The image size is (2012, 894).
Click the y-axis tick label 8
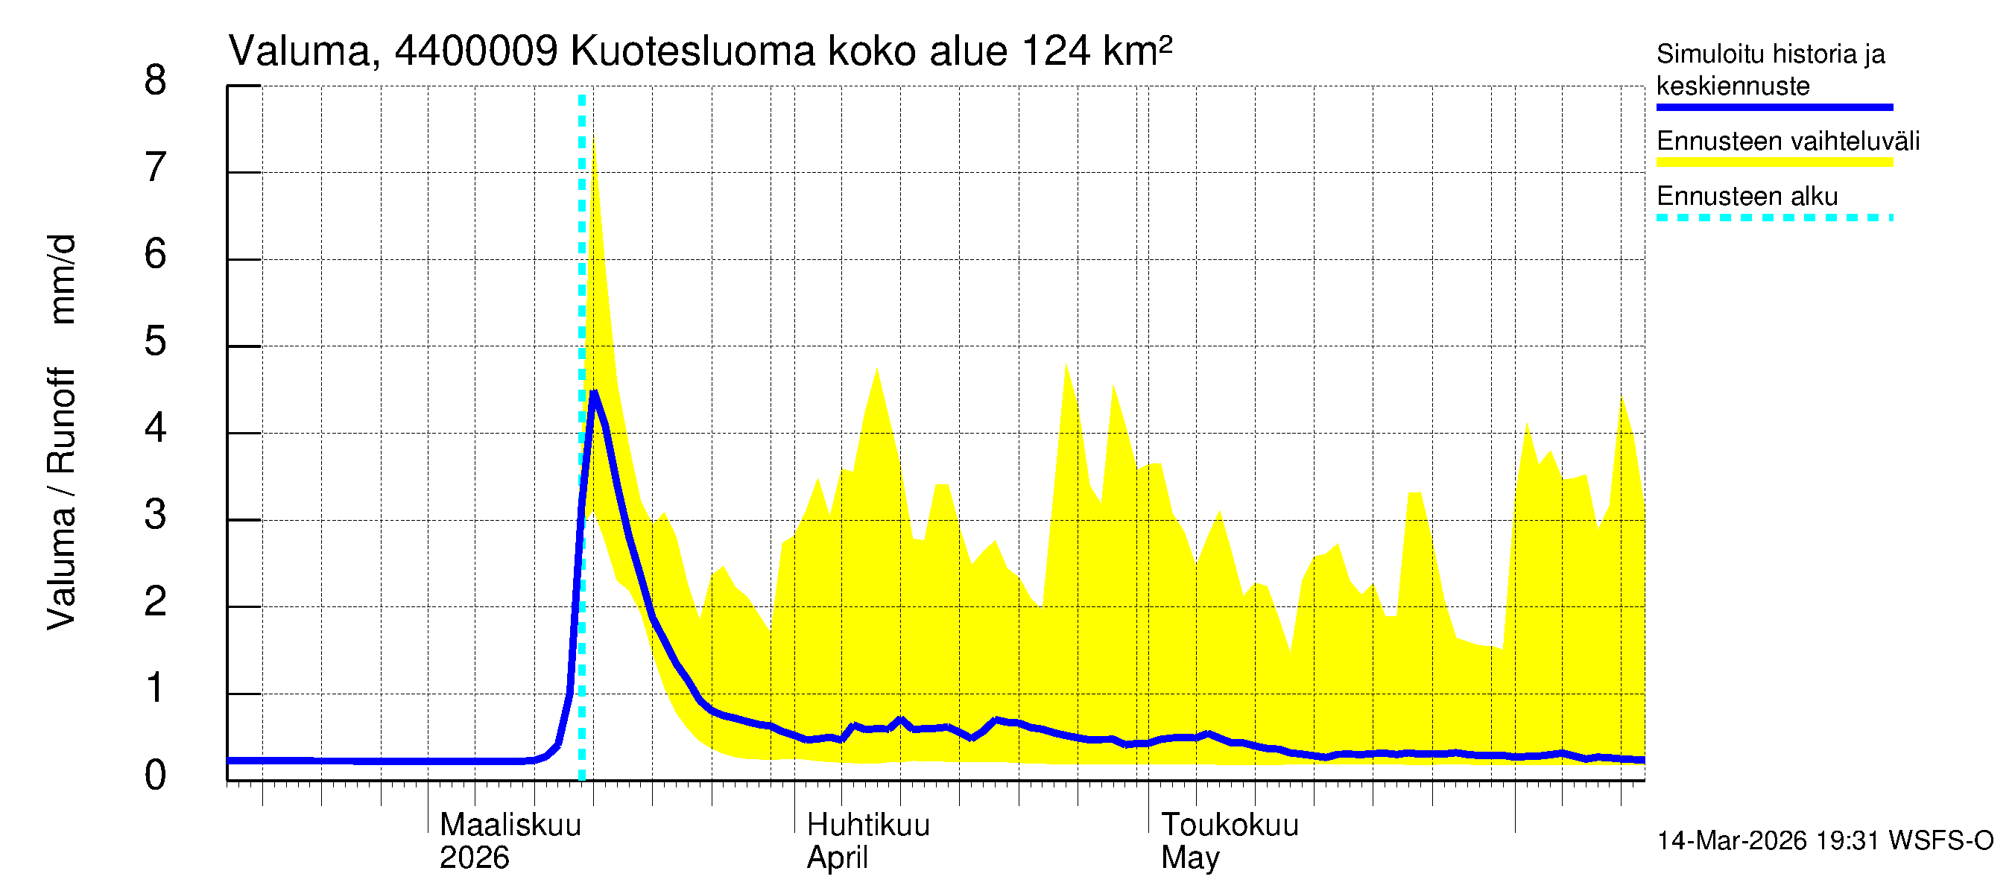click(156, 81)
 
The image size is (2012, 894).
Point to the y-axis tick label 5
click(156, 342)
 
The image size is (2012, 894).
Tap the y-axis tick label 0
click(156, 776)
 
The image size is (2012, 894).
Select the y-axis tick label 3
click(156, 516)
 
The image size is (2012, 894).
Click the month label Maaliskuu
click(510, 825)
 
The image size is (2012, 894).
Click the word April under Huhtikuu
click(837, 858)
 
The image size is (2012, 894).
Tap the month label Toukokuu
click(1230, 825)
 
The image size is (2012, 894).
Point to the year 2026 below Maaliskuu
click(474, 858)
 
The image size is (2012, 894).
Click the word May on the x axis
click(1189, 858)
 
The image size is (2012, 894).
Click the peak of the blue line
click(594, 392)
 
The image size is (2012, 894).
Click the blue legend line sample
click(1774, 107)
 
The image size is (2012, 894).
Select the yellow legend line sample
click(1774, 162)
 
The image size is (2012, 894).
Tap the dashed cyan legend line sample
click(1774, 218)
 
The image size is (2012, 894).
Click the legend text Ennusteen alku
click(1747, 196)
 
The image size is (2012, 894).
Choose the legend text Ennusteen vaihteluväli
click(1788, 142)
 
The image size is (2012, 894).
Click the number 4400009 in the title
click(475, 51)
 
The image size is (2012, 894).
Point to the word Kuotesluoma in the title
click(693, 51)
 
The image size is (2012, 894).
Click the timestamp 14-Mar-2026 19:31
click(1768, 841)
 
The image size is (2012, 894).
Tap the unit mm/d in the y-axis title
click(63, 279)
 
